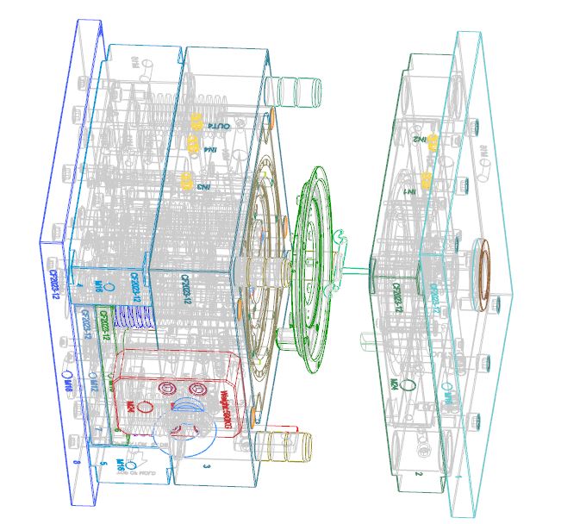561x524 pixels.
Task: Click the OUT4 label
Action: click(x=219, y=127)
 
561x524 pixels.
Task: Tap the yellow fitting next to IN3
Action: click(x=186, y=181)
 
